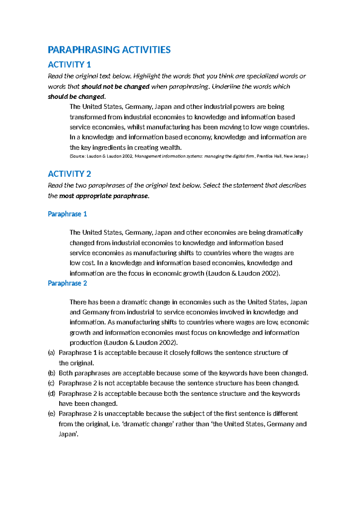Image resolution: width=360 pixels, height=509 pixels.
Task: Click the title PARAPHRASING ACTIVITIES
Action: pyautogui.click(x=109, y=50)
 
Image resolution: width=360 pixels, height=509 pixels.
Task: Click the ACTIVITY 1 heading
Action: pyautogui.click(x=69, y=65)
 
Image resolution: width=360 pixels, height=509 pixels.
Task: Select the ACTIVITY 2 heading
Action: pyautogui.click(x=69, y=174)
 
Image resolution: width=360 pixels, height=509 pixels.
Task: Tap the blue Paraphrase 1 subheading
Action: pyautogui.click(x=67, y=214)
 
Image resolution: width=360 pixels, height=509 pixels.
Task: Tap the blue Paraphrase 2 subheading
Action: pyautogui.click(x=67, y=283)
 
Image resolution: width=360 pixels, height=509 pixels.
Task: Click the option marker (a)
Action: pyautogui.click(x=51, y=353)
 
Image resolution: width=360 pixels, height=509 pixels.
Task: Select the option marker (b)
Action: pyautogui.click(x=51, y=373)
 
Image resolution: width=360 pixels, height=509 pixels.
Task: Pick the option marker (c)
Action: pyautogui.click(x=51, y=383)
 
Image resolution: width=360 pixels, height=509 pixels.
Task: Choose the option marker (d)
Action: pyautogui.click(x=51, y=394)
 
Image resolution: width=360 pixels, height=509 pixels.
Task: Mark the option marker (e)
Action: pyautogui.click(x=51, y=414)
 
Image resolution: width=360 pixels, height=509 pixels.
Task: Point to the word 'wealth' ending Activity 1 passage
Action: pyautogui.click(x=171, y=147)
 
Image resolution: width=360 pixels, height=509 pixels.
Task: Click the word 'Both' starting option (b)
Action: pyautogui.click(x=66, y=373)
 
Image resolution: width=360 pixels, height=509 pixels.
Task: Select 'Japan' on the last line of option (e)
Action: pyautogui.click(x=68, y=434)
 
